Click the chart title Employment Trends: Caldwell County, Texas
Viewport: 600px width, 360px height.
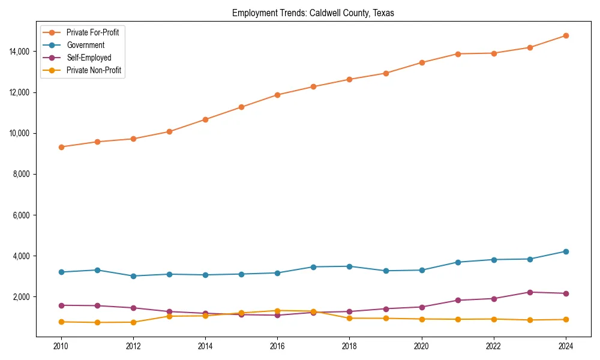coord(313,13)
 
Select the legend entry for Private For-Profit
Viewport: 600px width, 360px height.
coord(92,32)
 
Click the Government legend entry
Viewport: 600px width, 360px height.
coord(85,45)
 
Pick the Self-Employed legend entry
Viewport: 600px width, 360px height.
coord(89,58)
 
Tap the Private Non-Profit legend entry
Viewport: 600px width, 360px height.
coord(94,70)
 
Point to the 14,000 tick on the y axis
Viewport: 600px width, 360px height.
coord(21,52)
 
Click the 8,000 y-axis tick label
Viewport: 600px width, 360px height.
coord(23,174)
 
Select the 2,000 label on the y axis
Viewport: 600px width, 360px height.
coord(23,297)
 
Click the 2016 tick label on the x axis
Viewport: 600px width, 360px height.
coord(277,346)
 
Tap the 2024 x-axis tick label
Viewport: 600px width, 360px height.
coord(566,346)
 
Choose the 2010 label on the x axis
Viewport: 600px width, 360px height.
coord(61,346)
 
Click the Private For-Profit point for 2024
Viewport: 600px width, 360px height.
coord(566,35)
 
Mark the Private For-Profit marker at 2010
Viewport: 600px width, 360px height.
coord(61,147)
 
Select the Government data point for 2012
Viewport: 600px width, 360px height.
coord(133,276)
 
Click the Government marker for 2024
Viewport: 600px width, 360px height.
coord(566,251)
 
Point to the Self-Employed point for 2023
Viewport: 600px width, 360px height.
coord(530,292)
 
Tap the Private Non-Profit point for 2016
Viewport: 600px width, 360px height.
coord(277,311)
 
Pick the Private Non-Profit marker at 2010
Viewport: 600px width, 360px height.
coord(61,322)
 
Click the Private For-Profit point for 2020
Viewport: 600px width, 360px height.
coord(422,62)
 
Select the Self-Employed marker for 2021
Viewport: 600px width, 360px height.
coord(458,300)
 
